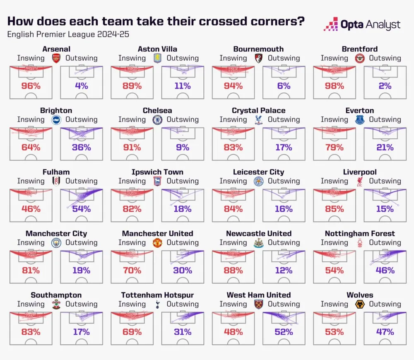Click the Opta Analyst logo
[x=362, y=24]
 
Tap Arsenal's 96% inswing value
[x=31, y=86]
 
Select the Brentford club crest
[x=360, y=58]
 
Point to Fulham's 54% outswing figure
[x=82, y=209]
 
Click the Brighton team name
[x=56, y=111]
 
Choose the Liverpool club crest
[x=360, y=181]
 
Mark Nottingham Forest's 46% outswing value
[x=385, y=271]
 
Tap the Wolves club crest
[x=360, y=304]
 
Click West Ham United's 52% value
[x=284, y=332]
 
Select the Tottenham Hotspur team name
[x=157, y=295]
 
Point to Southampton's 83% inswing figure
[x=31, y=332]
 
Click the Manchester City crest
[x=56, y=243]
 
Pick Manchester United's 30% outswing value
[x=183, y=271]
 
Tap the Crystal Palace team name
[x=258, y=111]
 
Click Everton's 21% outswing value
[x=385, y=147]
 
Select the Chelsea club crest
[x=157, y=120]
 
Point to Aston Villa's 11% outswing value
[x=183, y=86]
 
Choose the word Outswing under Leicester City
[x=284, y=181]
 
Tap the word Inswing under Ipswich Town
[x=132, y=181]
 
